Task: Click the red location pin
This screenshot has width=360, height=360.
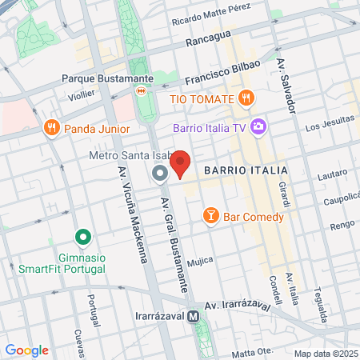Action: pyautogui.click(x=180, y=162)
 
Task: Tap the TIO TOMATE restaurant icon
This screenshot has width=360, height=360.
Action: pyautogui.click(x=246, y=98)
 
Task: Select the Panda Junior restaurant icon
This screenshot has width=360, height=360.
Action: pyautogui.click(x=52, y=126)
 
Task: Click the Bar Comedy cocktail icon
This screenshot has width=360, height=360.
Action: pyautogui.click(x=210, y=216)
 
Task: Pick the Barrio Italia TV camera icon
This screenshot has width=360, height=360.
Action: pyautogui.click(x=258, y=126)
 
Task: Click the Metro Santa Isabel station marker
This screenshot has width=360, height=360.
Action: pyautogui.click(x=159, y=173)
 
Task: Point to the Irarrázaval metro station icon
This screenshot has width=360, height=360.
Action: pyautogui.click(x=194, y=317)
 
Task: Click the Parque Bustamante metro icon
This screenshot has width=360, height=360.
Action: pyautogui.click(x=142, y=91)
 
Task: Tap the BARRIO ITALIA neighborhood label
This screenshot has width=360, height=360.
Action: pyautogui.click(x=235, y=170)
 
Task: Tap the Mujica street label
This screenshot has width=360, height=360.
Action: pyautogui.click(x=199, y=262)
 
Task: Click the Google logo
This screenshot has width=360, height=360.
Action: pyautogui.click(x=27, y=350)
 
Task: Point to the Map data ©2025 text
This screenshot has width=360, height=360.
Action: pyautogui.click(x=325, y=354)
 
